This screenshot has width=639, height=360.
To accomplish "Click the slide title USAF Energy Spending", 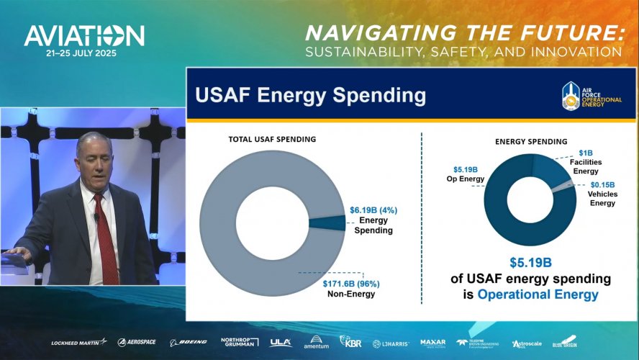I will point(312,95).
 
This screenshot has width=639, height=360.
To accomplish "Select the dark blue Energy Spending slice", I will point(327,222).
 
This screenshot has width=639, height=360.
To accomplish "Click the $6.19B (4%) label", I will point(373,210).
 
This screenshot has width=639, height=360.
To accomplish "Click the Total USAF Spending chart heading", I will point(272,139).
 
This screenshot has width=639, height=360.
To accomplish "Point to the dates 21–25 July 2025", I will point(81,53).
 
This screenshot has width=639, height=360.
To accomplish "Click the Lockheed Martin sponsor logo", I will point(78,342).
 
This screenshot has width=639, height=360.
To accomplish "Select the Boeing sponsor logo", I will point(189,342).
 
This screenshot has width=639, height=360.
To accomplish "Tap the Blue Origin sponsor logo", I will point(565,341).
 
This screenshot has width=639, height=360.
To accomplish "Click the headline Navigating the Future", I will point(462,32).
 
